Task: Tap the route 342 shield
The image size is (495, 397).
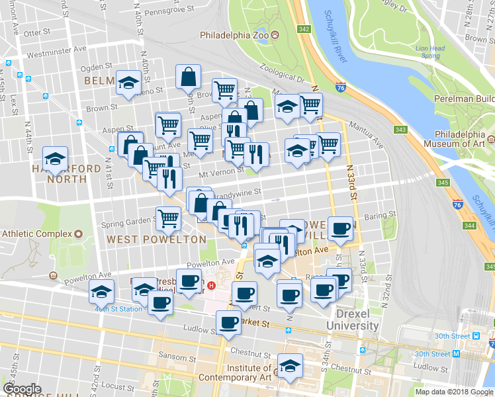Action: pos(304,29)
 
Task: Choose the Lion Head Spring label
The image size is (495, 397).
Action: pos(429,52)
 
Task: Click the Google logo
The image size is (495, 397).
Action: pos(22,389)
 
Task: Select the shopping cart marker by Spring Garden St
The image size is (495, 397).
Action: pos(169,217)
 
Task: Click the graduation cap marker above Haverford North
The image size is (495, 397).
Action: pos(55,157)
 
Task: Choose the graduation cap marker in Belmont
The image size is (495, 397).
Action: pos(128,82)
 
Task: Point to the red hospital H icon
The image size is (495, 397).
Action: pos(211,286)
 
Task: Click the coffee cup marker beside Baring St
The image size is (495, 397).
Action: pos(341,228)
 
